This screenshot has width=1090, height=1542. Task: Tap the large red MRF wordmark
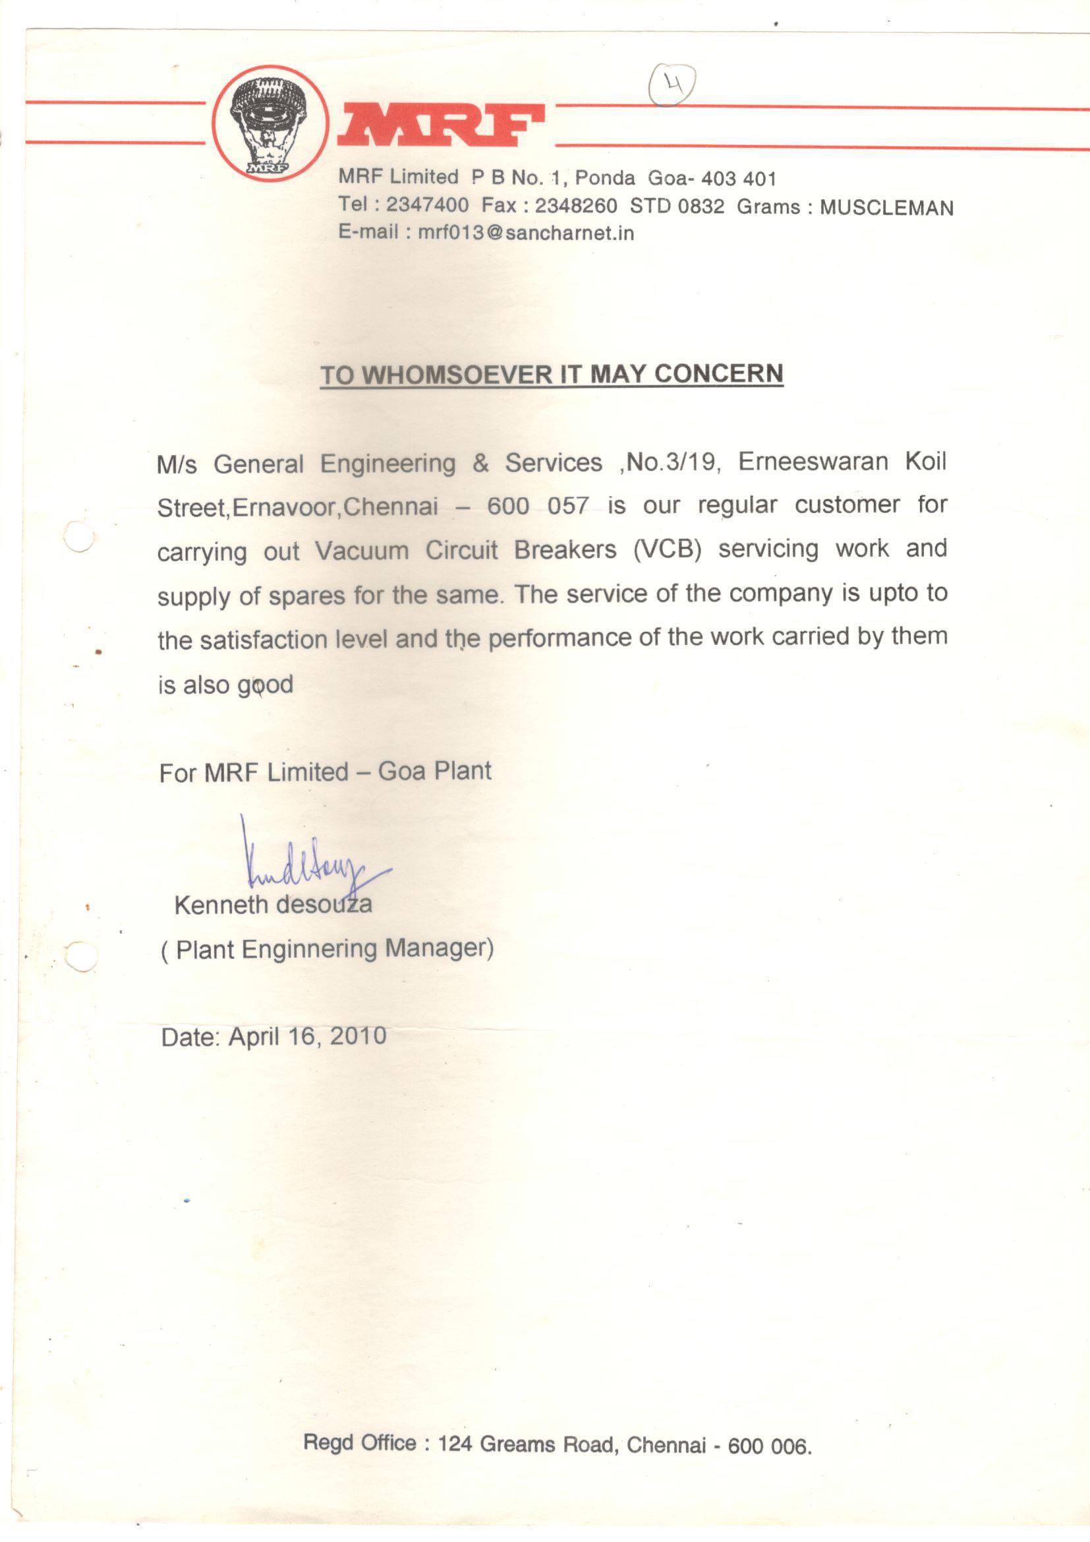pyautogui.click(x=440, y=125)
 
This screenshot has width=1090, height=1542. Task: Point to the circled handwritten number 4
pyautogui.click(x=672, y=84)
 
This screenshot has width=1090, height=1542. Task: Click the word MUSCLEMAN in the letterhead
pyautogui.click(x=886, y=208)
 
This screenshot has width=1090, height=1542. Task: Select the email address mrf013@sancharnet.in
pyautogui.click(x=525, y=233)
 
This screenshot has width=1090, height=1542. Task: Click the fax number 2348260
pyautogui.click(x=575, y=205)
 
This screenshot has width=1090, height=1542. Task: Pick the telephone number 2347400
pyautogui.click(x=427, y=204)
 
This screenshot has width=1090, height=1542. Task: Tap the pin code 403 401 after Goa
pyautogui.click(x=738, y=179)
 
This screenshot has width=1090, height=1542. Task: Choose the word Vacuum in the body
pyautogui.click(x=362, y=551)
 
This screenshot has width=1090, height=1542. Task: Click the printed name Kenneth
pyautogui.click(x=221, y=906)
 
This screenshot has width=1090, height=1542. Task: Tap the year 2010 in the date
pyautogui.click(x=358, y=1035)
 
